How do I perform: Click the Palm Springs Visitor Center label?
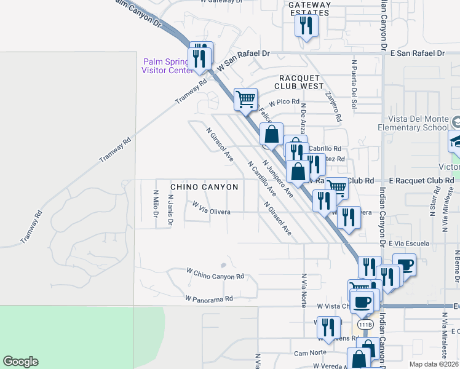tap(167, 66)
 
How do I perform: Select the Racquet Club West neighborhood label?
tap(301, 82)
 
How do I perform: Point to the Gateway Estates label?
tap(309, 8)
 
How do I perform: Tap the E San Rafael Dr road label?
tap(417, 54)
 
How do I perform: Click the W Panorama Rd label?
tap(209, 299)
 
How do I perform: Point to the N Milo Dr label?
tap(156, 204)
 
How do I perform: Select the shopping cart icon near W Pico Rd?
tap(245, 98)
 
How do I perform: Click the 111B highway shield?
tap(363, 323)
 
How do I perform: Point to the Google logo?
tap(20, 362)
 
